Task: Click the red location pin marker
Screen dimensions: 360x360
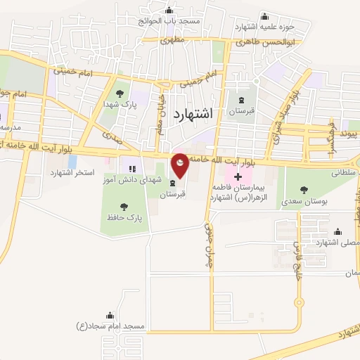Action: pos(181,165)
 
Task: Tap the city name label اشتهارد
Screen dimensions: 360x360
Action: pos(191,115)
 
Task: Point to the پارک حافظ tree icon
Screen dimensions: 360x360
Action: pos(124,207)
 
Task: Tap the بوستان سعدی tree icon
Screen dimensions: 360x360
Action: pos(304,189)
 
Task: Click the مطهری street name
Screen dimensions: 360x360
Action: pos(171,41)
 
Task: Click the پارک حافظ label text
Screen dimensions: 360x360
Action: pos(125,219)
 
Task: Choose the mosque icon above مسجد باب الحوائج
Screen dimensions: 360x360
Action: pos(169,10)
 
